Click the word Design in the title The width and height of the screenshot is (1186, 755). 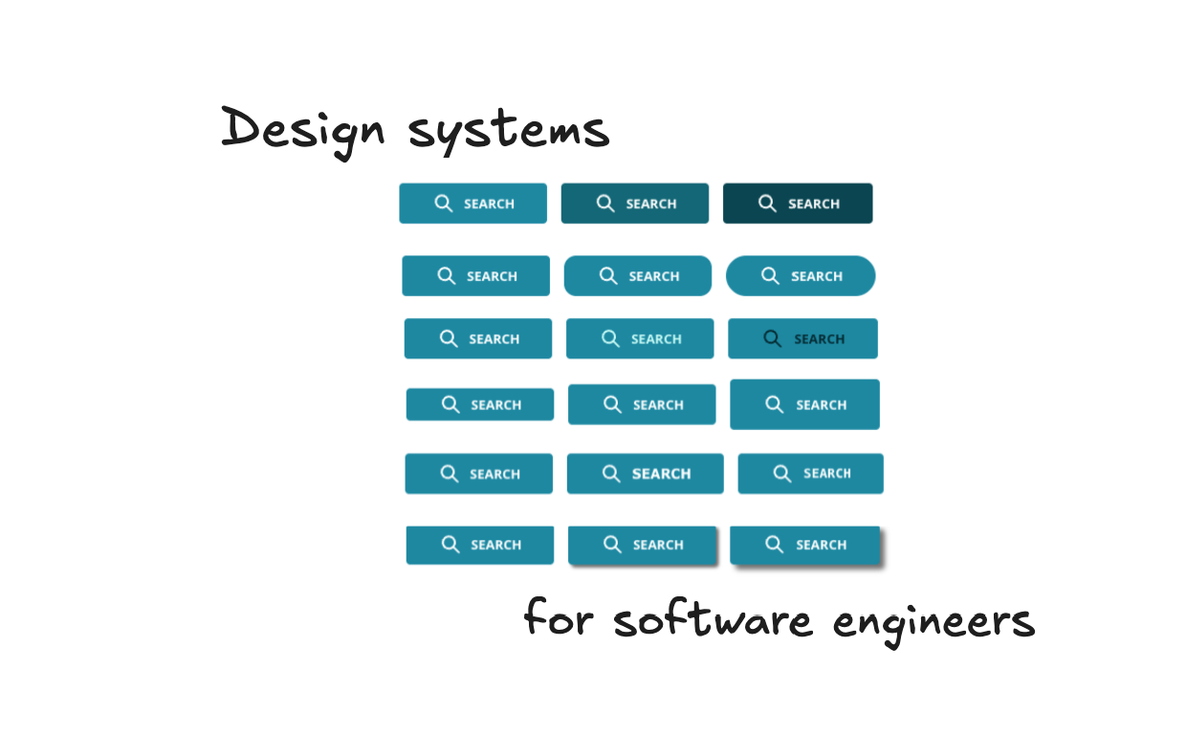(301, 129)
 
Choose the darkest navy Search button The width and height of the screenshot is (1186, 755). (798, 204)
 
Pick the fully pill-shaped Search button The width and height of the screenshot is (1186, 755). (801, 276)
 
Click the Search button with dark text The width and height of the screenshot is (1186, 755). (802, 339)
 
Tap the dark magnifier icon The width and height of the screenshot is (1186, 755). (772, 338)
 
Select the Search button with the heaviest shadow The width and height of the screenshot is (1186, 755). (804, 545)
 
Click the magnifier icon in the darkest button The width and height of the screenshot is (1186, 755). (767, 203)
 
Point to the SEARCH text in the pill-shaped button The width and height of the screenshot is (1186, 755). (817, 277)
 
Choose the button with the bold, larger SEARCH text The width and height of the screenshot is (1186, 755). (645, 474)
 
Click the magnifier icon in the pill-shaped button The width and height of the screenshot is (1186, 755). (770, 275)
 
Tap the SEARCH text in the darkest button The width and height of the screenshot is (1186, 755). (814, 205)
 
